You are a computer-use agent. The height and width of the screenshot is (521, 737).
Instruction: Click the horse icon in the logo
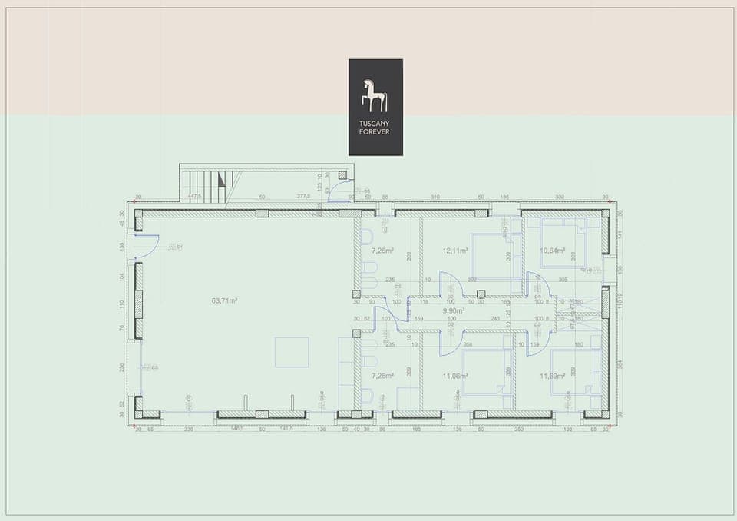click(375, 95)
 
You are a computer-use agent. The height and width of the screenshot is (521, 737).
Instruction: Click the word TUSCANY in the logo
click(375, 124)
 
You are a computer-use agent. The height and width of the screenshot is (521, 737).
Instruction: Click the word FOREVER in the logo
click(375, 132)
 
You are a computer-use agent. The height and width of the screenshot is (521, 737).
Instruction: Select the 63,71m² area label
click(224, 301)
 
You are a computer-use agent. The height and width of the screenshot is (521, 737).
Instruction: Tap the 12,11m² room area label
click(454, 251)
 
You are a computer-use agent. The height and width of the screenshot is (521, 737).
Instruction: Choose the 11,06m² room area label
click(455, 376)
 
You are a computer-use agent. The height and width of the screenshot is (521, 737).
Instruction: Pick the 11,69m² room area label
click(552, 376)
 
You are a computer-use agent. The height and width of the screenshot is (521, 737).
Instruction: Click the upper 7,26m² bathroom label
click(382, 251)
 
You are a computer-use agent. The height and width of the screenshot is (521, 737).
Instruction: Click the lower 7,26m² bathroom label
click(382, 376)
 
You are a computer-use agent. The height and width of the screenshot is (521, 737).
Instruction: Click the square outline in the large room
click(292, 352)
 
